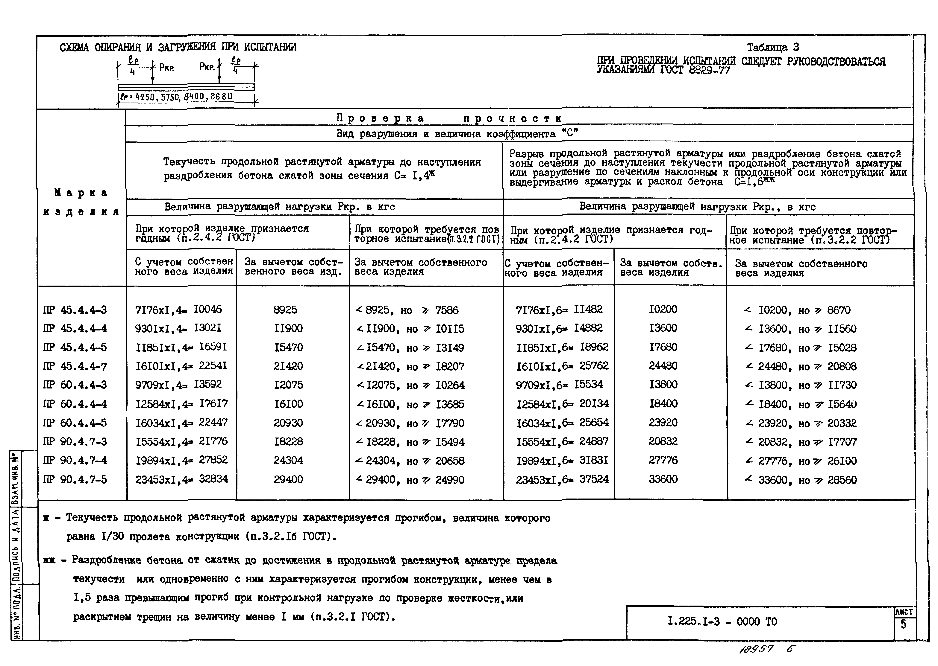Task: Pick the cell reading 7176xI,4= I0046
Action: (x=178, y=310)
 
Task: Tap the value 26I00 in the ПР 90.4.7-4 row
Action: (x=842, y=461)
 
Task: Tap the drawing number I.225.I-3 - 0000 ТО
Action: (x=722, y=621)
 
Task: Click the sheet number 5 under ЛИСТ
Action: (x=904, y=625)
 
